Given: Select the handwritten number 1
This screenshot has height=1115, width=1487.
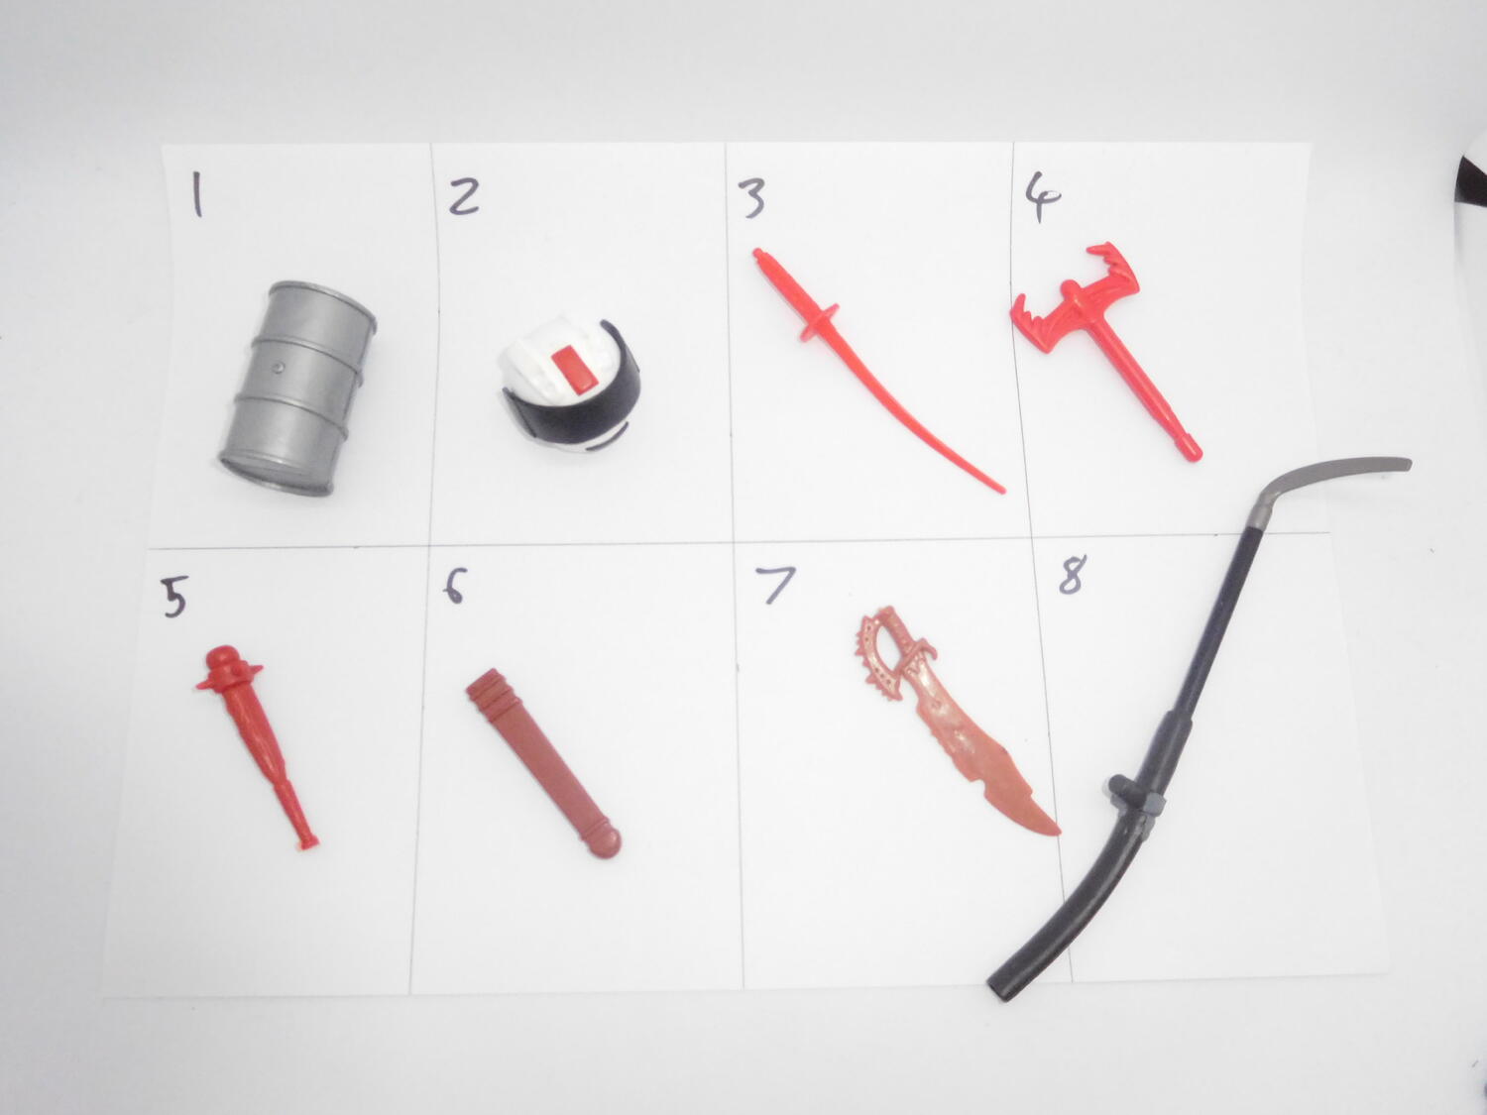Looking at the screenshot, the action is tap(197, 194).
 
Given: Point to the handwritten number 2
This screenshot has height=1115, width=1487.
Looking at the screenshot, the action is tap(464, 195).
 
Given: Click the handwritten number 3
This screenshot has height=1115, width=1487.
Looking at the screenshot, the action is tap(752, 197).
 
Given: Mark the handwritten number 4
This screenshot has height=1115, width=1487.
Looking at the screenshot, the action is tap(1041, 195).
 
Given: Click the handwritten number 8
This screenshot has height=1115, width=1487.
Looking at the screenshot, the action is tap(1073, 574).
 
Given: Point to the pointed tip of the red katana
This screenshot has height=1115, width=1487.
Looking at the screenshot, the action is tap(1002, 491).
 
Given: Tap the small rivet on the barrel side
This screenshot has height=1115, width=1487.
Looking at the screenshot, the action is tap(280, 367).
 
